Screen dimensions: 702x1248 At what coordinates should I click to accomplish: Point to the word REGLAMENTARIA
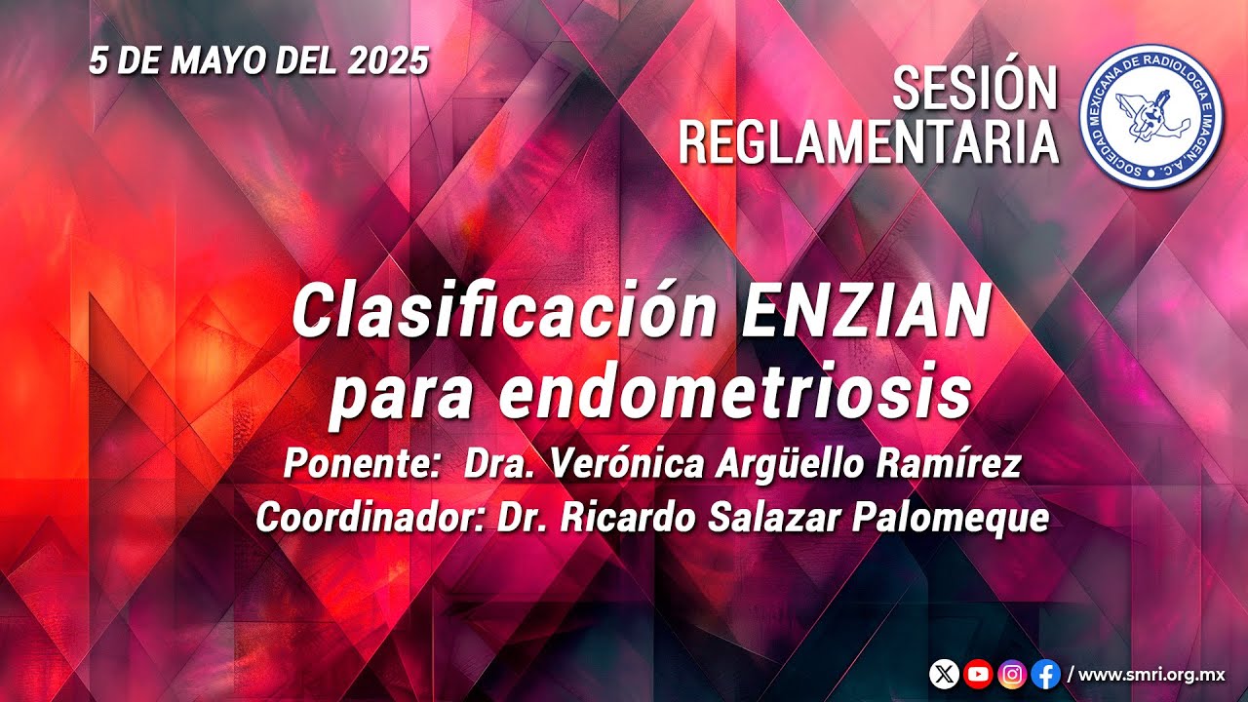click(869, 142)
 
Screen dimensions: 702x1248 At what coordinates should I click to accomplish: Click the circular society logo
click(1151, 116)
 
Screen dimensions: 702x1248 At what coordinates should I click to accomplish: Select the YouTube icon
click(978, 674)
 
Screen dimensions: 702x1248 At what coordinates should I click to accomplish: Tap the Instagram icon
click(1012, 674)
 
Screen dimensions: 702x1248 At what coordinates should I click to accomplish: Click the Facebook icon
click(1046, 674)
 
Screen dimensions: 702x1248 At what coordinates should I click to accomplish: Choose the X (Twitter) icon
click(944, 674)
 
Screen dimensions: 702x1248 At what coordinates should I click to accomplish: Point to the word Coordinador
click(370, 518)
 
